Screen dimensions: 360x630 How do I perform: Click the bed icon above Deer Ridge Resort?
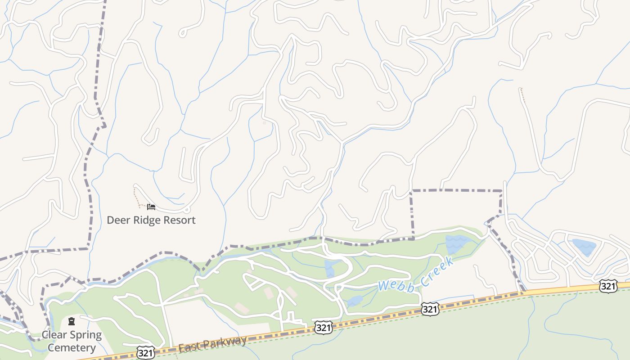tap(151, 207)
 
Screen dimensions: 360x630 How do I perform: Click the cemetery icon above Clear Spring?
tap(72, 321)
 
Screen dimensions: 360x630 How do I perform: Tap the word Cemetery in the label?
tap(72, 348)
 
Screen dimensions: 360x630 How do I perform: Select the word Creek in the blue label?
tap(436, 270)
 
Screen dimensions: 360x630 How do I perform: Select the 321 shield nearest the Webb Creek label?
tap(430, 309)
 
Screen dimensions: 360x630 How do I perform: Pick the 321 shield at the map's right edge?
tap(608, 286)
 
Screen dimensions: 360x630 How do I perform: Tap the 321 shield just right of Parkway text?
tap(324, 327)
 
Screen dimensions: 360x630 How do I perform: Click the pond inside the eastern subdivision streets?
tap(584, 247)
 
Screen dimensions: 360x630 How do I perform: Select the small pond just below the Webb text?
tap(355, 301)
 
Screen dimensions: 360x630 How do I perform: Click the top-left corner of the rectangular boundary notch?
tap(412, 191)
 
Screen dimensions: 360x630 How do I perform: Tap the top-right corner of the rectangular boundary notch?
tap(501, 191)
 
